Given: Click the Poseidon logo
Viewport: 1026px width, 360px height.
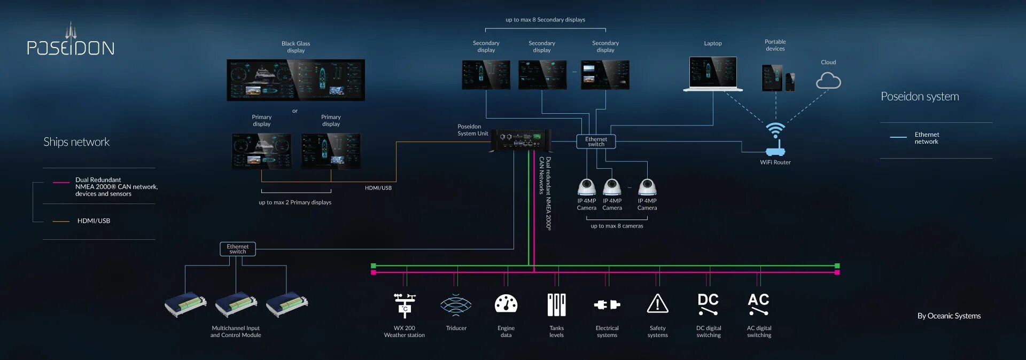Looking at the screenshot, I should tap(71, 43).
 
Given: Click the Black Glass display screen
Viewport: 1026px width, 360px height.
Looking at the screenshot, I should tap(296, 80).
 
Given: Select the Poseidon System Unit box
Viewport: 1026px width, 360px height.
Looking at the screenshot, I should tap(520, 140).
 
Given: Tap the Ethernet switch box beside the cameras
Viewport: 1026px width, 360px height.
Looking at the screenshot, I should tap(596, 142).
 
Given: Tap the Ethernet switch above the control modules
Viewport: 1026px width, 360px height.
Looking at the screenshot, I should tap(238, 249).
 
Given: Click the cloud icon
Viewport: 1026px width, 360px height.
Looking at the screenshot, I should tap(828, 81).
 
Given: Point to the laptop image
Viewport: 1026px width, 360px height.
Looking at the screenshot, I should tap(713, 74).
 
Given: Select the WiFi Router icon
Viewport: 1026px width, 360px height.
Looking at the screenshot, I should tap(775, 140).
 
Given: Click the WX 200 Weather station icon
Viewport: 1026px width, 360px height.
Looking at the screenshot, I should tap(405, 305).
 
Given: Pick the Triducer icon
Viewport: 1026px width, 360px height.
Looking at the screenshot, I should tap(456, 305).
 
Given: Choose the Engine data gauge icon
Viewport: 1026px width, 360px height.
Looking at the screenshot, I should tap(506, 304).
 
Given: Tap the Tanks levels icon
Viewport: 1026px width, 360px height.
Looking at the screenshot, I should tap(556, 304).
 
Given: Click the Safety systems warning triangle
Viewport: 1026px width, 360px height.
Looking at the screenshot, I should tap(657, 304).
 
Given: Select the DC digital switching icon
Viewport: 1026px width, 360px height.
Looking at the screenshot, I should tap(708, 304).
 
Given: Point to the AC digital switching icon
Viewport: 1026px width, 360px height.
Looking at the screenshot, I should tap(759, 304).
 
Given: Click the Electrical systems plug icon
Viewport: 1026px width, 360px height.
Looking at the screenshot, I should tap(607, 304).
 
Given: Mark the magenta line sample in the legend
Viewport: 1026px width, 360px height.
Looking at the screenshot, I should tap(61, 183).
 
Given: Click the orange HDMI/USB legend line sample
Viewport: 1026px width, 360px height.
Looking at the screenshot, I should tap(61, 221).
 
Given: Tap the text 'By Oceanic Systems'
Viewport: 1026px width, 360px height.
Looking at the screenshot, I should tap(949, 316).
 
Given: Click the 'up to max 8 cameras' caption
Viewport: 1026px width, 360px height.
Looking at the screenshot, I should tap(617, 226).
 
